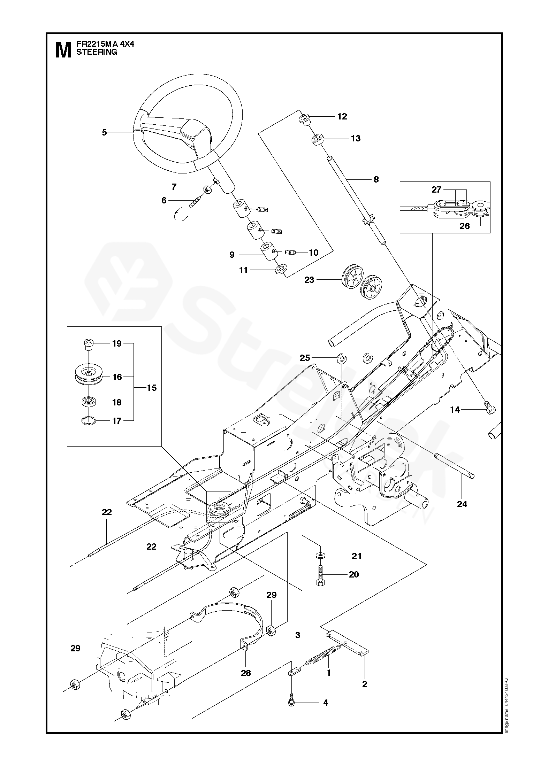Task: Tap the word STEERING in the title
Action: pyautogui.click(x=97, y=52)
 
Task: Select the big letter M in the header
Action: pyautogui.click(x=63, y=51)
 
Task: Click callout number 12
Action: pyautogui.click(x=342, y=117)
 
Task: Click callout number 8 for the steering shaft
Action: pyautogui.click(x=376, y=180)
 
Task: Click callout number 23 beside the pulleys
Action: pyautogui.click(x=309, y=280)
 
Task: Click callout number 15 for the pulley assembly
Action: pyautogui.click(x=152, y=388)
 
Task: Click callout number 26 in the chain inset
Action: pyautogui.click(x=465, y=226)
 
